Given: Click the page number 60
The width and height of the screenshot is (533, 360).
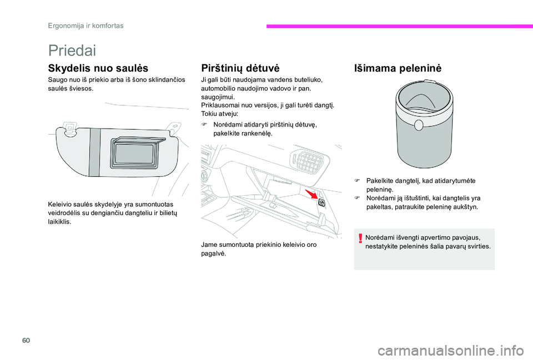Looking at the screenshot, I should pos(54,338).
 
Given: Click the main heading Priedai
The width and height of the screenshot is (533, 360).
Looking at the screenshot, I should pos(72,50).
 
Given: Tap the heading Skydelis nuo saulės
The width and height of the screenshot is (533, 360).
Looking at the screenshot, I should pos(98,69).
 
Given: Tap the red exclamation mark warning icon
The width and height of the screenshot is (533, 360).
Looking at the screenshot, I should pos(360,239).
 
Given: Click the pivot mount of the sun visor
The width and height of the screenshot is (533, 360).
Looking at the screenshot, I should pos(69,129).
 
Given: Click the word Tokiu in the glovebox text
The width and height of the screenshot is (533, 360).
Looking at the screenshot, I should pos(209,113).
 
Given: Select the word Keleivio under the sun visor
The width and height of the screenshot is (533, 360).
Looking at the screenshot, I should pos(61,205).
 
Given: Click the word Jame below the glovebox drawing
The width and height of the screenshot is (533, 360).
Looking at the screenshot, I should pos(210,245).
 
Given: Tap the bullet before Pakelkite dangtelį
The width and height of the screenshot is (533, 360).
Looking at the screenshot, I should pos(359,181).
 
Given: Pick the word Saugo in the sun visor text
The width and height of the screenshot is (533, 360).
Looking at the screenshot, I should pos(58,80).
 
